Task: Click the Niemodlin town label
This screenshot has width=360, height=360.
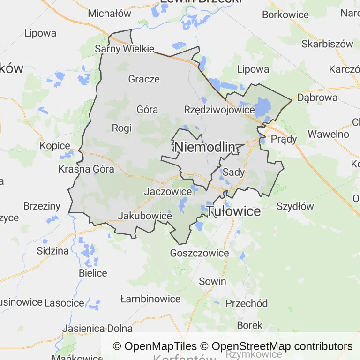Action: click(204, 147)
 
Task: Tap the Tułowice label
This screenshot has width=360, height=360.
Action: click(233, 211)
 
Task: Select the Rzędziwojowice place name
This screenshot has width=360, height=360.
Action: click(219, 110)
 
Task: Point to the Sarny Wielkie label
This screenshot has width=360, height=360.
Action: click(124, 49)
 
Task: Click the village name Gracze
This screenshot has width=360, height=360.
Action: click(144, 79)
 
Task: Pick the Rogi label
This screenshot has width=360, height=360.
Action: click(122, 128)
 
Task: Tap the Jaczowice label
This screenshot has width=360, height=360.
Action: click(168, 191)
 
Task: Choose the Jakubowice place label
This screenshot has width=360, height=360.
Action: click(145, 216)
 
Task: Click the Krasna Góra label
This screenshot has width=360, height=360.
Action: click(86, 169)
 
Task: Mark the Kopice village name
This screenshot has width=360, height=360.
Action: click(55, 146)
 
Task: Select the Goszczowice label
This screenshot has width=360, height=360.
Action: click(200, 253)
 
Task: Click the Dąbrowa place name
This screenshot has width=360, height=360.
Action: click(317, 98)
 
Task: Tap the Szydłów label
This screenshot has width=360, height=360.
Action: click(295, 206)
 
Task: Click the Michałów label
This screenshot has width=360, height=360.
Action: click(110, 14)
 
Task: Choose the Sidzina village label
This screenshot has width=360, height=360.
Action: click(52, 251)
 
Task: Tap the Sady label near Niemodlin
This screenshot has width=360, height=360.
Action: click(233, 172)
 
